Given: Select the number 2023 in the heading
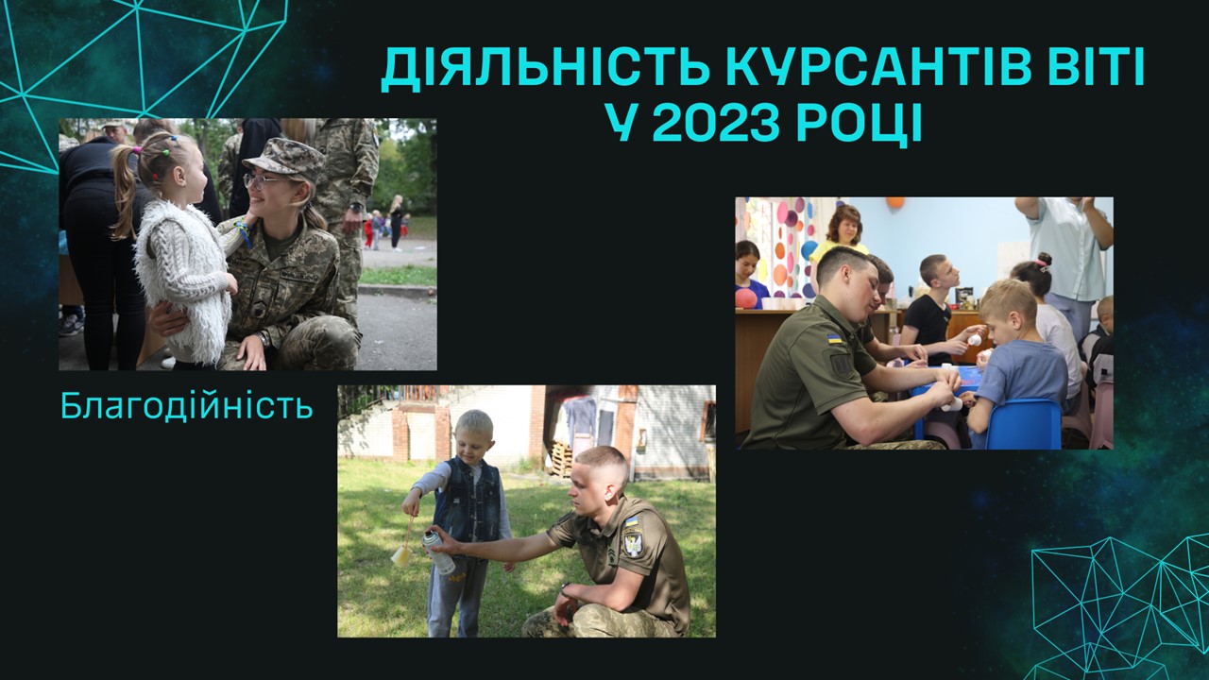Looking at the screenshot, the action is coord(719,124).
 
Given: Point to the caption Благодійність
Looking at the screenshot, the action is coord(187,406).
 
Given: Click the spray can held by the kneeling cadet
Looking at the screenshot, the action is coord(438,552).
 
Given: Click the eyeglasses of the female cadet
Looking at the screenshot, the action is coord(258,180).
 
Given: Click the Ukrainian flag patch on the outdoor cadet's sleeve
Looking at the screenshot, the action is coord(630,521).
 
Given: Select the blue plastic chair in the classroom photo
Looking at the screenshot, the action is coord(1023,424).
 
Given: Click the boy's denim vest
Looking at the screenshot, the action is coord(468,501).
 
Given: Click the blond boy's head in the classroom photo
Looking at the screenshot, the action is coord(1007,307).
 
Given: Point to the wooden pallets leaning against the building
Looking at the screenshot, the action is coord(561,458).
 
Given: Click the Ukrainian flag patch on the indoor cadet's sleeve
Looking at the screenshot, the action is coord(834,339).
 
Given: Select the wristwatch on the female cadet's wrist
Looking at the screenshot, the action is coord(264,338).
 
